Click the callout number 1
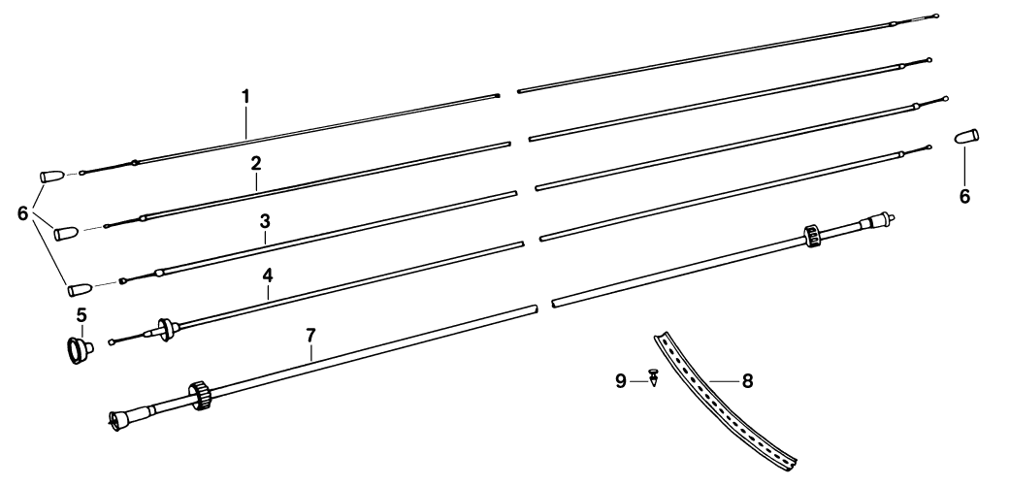pyautogui.click(x=245, y=97)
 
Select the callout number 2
pyautogui.click(x=255, y=162)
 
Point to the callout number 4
pyautogui.click(x=269, y=275)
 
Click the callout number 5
pyautogui.click(x=82, y=315)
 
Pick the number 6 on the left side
pyautogui.click(x=23, y=214)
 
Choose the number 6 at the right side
pyautogui.click(x=963, y=196)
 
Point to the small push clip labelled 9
pyautogui.click(x=654, y=377)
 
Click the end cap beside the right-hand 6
pyautogui.click(x=966, y=136)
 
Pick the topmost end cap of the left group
pyautogui.click(x=51, y=177)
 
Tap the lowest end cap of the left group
pyautogui.click(x=79, y=288)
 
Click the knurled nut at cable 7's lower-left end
pyautogui.click(x=202, y=395)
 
